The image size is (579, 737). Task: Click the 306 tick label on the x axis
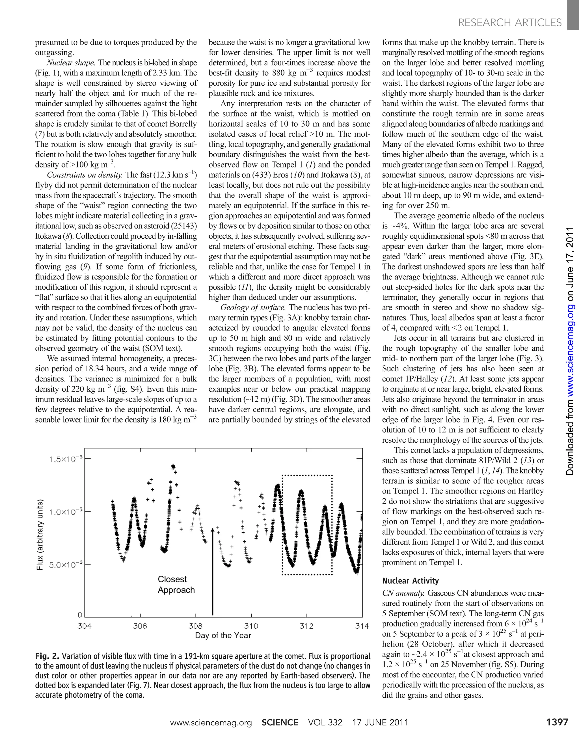point(140,626)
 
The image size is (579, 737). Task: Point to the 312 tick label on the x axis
point(306,626)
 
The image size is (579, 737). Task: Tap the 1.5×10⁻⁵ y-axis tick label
point(66,459)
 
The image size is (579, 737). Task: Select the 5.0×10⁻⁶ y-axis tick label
point(66,564)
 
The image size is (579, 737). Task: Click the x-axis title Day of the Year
point(223,635)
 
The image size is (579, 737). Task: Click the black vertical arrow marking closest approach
point(213,573)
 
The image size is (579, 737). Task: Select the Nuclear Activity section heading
point(410,581)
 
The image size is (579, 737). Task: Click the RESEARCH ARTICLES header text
point(510,23)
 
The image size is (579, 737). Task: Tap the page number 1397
point(557,722)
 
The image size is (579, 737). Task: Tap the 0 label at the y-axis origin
point(80,615)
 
